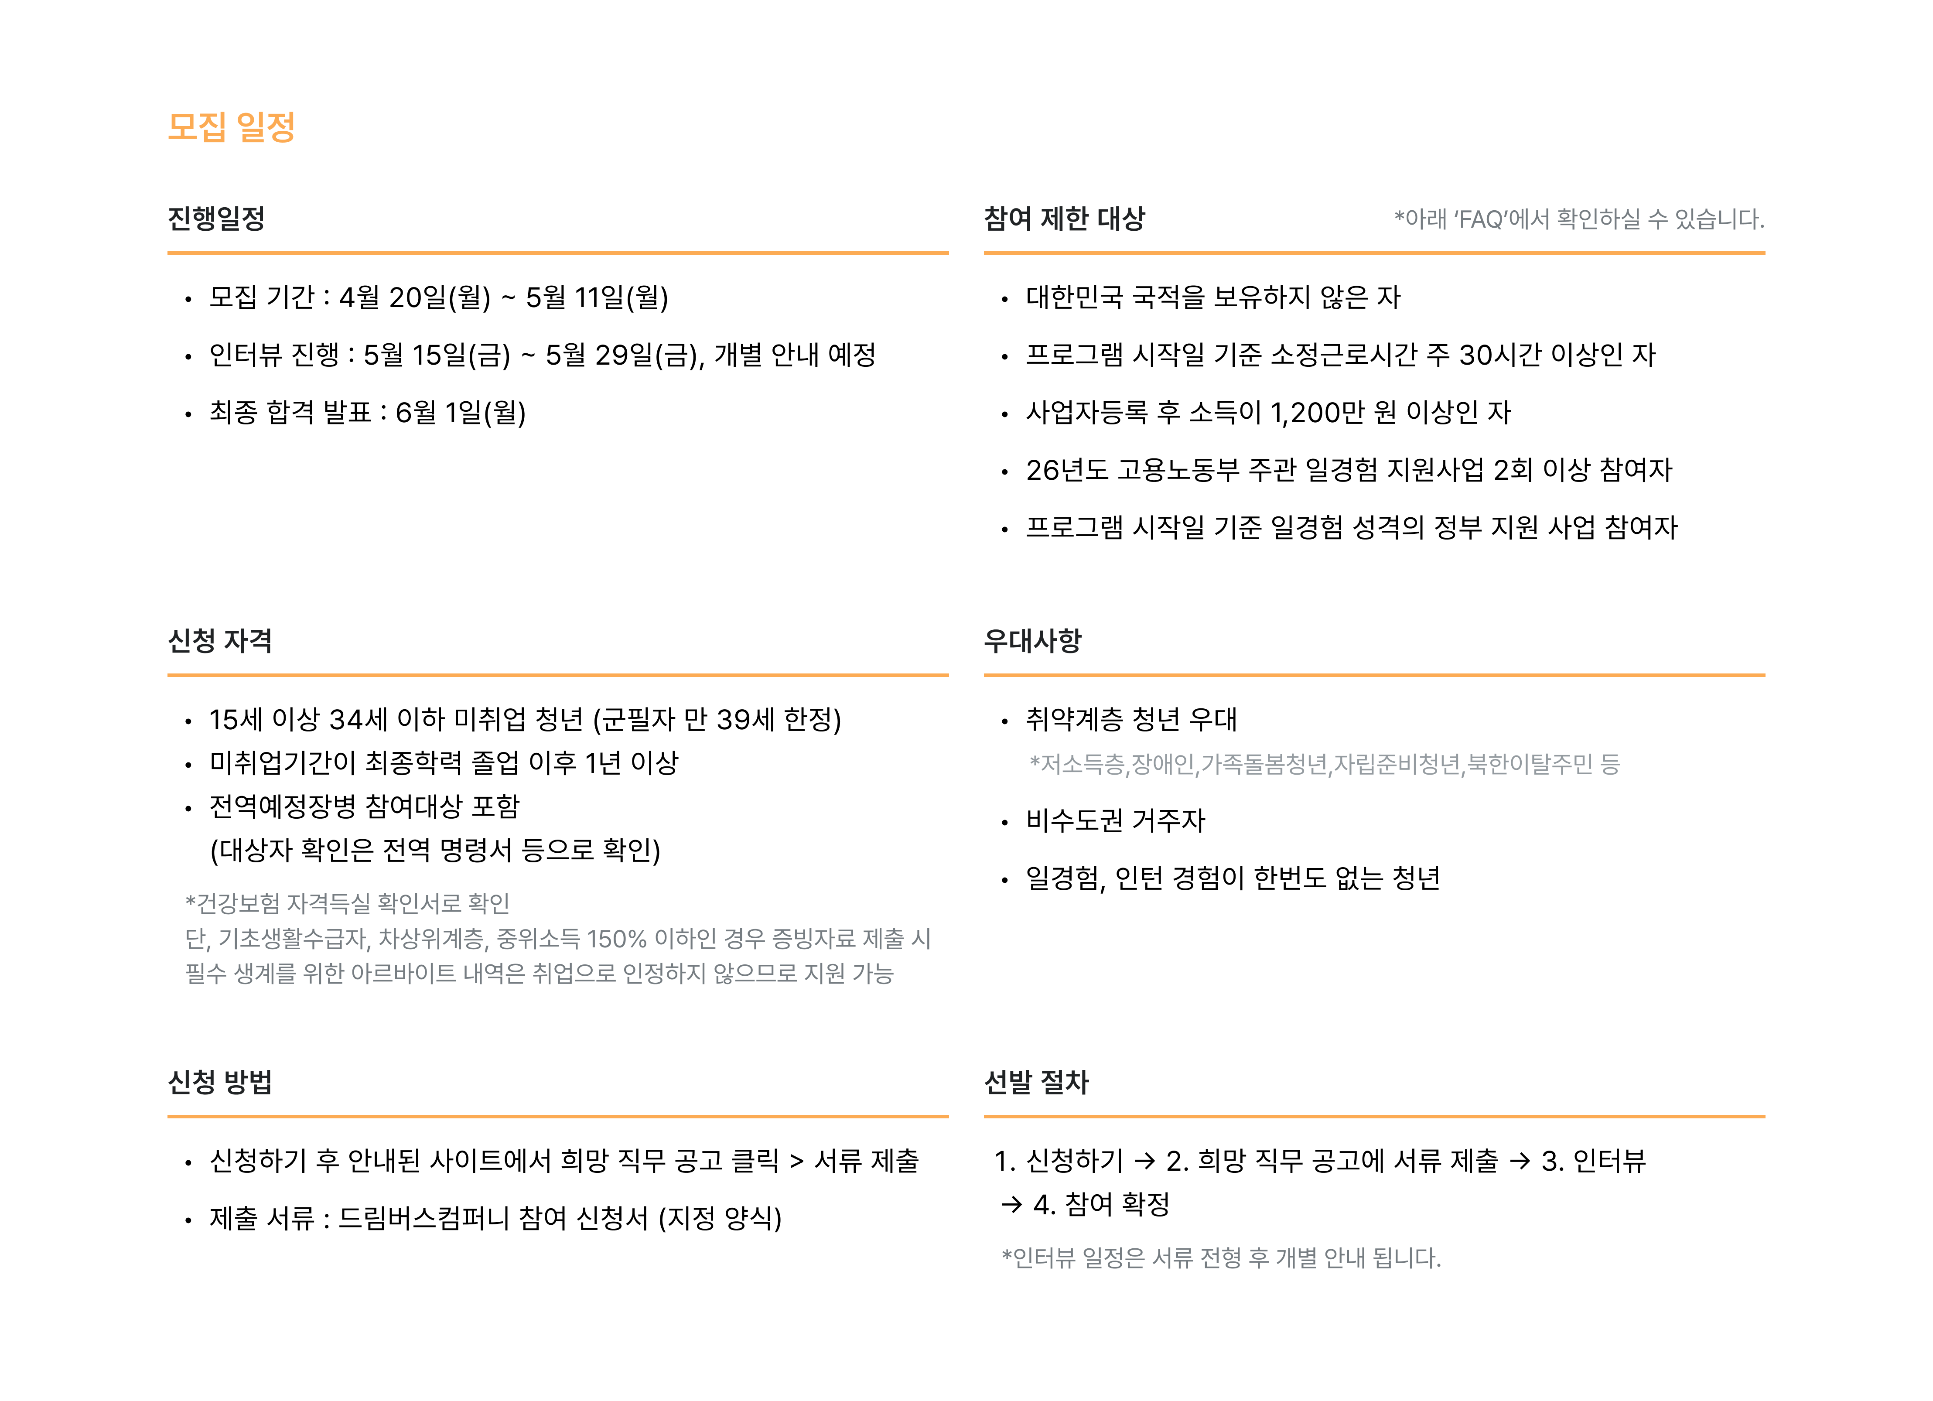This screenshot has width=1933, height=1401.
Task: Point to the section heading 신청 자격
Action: (x=220, y=641)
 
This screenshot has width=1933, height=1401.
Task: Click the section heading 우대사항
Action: (x=1032, y=641)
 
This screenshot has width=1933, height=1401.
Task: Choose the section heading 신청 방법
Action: (x=220, y=1082)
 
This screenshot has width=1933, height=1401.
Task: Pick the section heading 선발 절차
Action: (x=1036, y=1082)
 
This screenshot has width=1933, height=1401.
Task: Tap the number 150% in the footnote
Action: (x=616, y=939)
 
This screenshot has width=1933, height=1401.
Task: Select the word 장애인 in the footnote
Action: (x=1162, y=765)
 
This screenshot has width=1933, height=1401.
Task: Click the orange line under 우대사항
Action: (x=1374, y=675)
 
